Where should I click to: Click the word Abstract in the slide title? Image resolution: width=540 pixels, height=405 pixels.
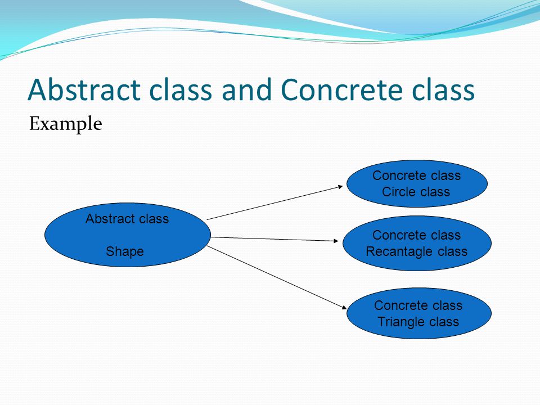click(84, 89)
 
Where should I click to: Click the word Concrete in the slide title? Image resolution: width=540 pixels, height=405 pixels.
click(341, 89)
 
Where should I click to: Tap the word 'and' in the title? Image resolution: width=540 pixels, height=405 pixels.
click(248, 89)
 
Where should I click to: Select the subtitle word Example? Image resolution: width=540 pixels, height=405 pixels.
click(65, 124)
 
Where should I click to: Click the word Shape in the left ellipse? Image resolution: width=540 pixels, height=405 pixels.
click(125, 251)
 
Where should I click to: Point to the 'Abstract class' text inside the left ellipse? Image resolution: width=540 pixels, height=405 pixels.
click(127, 219)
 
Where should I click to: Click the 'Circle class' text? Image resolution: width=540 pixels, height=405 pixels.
click(416, 191)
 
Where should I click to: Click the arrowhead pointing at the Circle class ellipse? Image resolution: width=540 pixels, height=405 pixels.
click(341, 187)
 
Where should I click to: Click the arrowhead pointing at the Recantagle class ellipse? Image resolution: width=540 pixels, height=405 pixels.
click(336, 241)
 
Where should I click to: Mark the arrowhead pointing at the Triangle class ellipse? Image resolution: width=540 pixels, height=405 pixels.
click(344, 307)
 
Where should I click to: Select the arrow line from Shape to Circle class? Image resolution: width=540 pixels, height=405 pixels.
click(275, 203)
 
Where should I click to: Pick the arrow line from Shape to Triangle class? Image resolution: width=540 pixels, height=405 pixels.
click(277, 277)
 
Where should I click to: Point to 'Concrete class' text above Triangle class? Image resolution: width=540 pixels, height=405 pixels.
click(418, 305)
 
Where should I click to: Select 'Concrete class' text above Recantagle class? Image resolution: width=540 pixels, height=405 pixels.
click(416, 235)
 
